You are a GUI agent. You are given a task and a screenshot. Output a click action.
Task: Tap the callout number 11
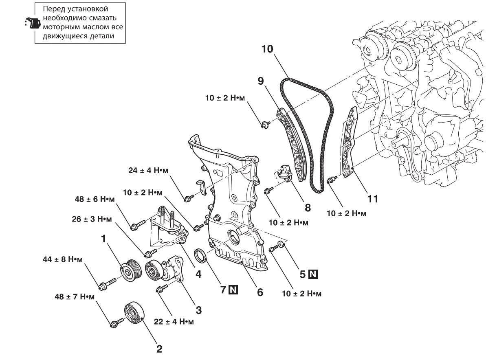[372, 199]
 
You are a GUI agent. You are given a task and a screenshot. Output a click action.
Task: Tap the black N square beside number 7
[233, 290]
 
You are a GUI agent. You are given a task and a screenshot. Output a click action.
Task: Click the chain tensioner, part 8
[286, 173]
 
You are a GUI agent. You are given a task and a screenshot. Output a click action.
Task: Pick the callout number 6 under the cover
[259, 292]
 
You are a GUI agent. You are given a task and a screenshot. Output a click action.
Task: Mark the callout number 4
[198, 274]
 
